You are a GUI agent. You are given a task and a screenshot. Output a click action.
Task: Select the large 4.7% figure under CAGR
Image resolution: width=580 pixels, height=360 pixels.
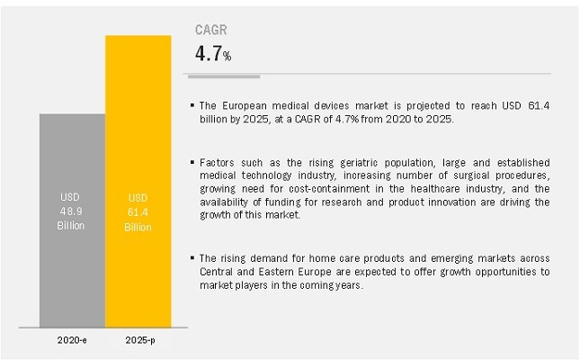(x=213, y=54)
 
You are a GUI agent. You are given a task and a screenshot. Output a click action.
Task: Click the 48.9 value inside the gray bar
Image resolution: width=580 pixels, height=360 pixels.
(x=72, y=211)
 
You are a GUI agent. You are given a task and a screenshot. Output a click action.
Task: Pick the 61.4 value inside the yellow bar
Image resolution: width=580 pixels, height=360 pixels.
(x=138, y=211)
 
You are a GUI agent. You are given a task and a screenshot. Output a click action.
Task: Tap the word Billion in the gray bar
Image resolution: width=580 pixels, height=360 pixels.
(x=72, y=225)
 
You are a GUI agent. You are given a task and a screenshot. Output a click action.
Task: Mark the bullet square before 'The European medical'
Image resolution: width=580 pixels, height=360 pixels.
(x=192, y=106)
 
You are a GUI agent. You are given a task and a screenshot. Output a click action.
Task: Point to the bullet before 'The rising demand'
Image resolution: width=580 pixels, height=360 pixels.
(x=192, y=258)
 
